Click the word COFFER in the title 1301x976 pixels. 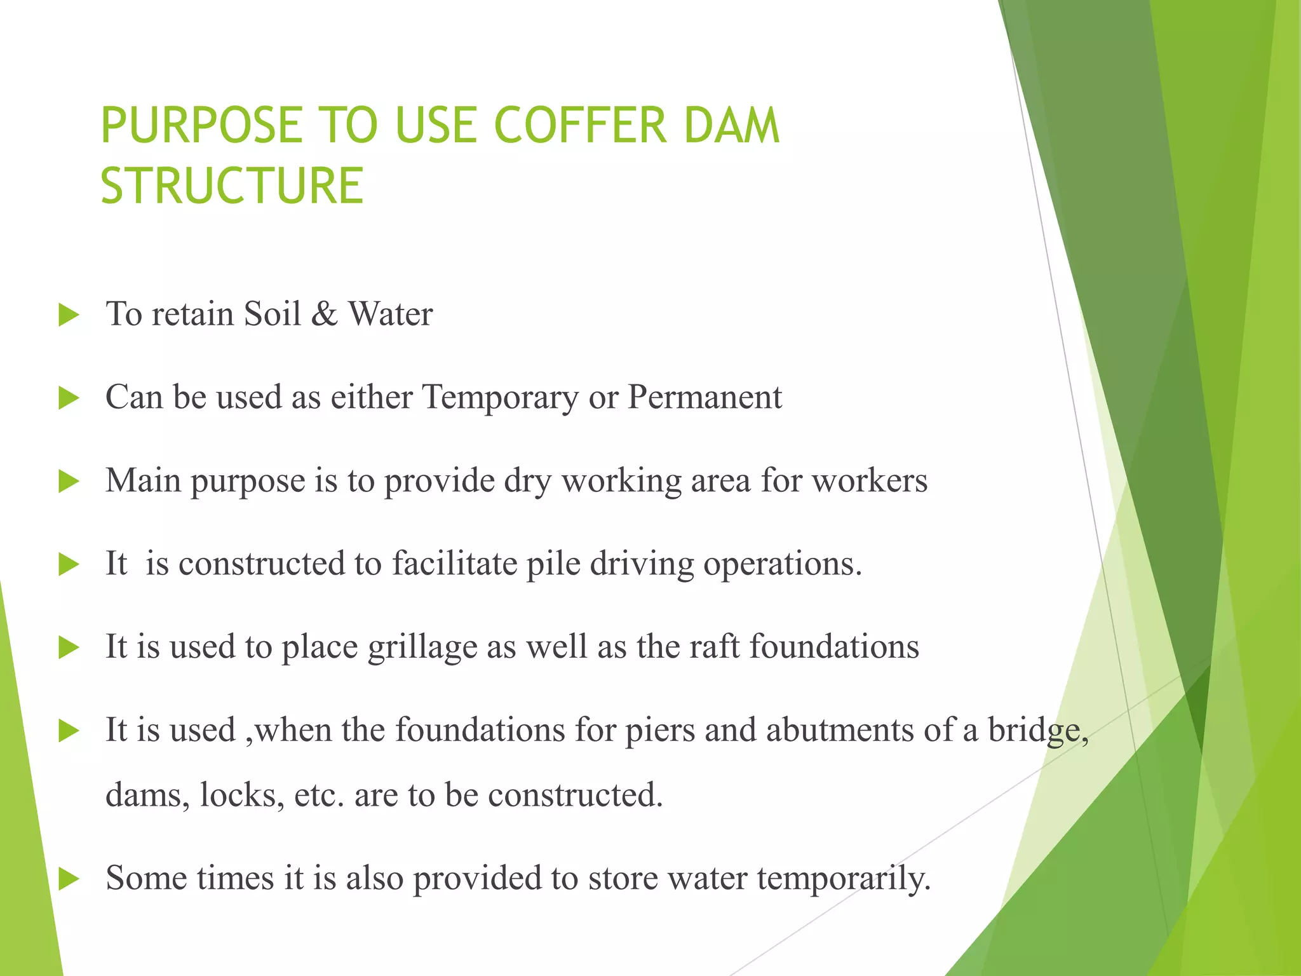[x=579, y=125]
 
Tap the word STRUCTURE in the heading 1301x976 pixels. [x=232, y=186]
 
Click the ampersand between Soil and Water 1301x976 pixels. [x=324, y=314]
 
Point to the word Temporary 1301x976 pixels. [x=501, y=398]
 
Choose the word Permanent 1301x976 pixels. [x=704, y=397]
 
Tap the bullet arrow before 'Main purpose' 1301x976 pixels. [x=68, y=482]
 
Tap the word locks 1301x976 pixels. [x=242, y=795]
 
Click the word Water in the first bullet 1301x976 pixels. [x=390, y=314]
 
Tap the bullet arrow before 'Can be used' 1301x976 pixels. [x=68, y=398]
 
